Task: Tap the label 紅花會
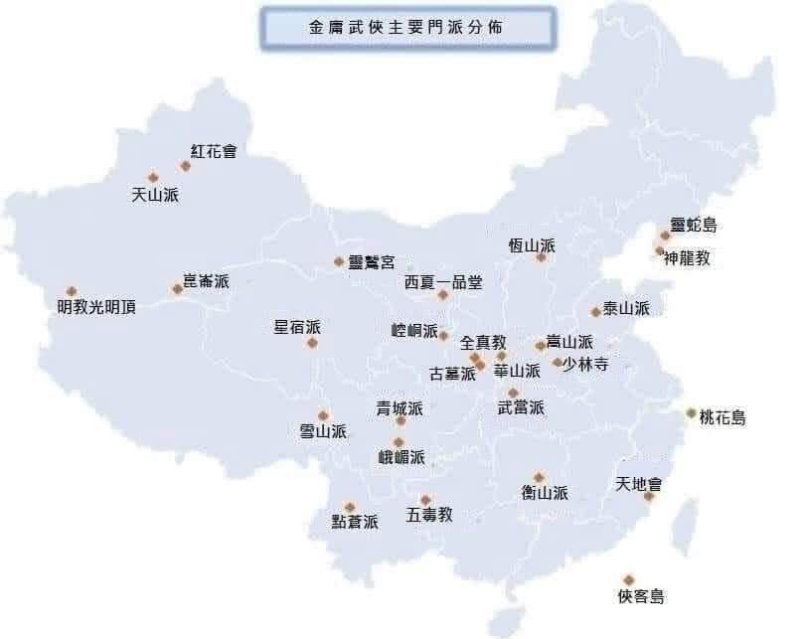click(215, 152)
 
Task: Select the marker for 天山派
click(153, 178)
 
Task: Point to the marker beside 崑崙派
click(177, 289)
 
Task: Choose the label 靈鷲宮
click(372, 262)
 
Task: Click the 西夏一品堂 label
click(443, 282)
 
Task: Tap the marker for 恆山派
click(541, 257)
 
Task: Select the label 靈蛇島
click(694, 226)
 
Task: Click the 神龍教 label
click(688, 258)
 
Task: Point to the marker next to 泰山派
click(595, 312)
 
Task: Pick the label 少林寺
click(584, 364)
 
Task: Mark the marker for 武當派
click(513, 394)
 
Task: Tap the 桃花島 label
click(723, 417)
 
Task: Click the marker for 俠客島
click(628, 580)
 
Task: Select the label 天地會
click(639, 485)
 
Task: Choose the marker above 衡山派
click(539, 478)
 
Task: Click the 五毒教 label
click(429, 515)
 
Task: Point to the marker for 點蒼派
click(350, 507)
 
